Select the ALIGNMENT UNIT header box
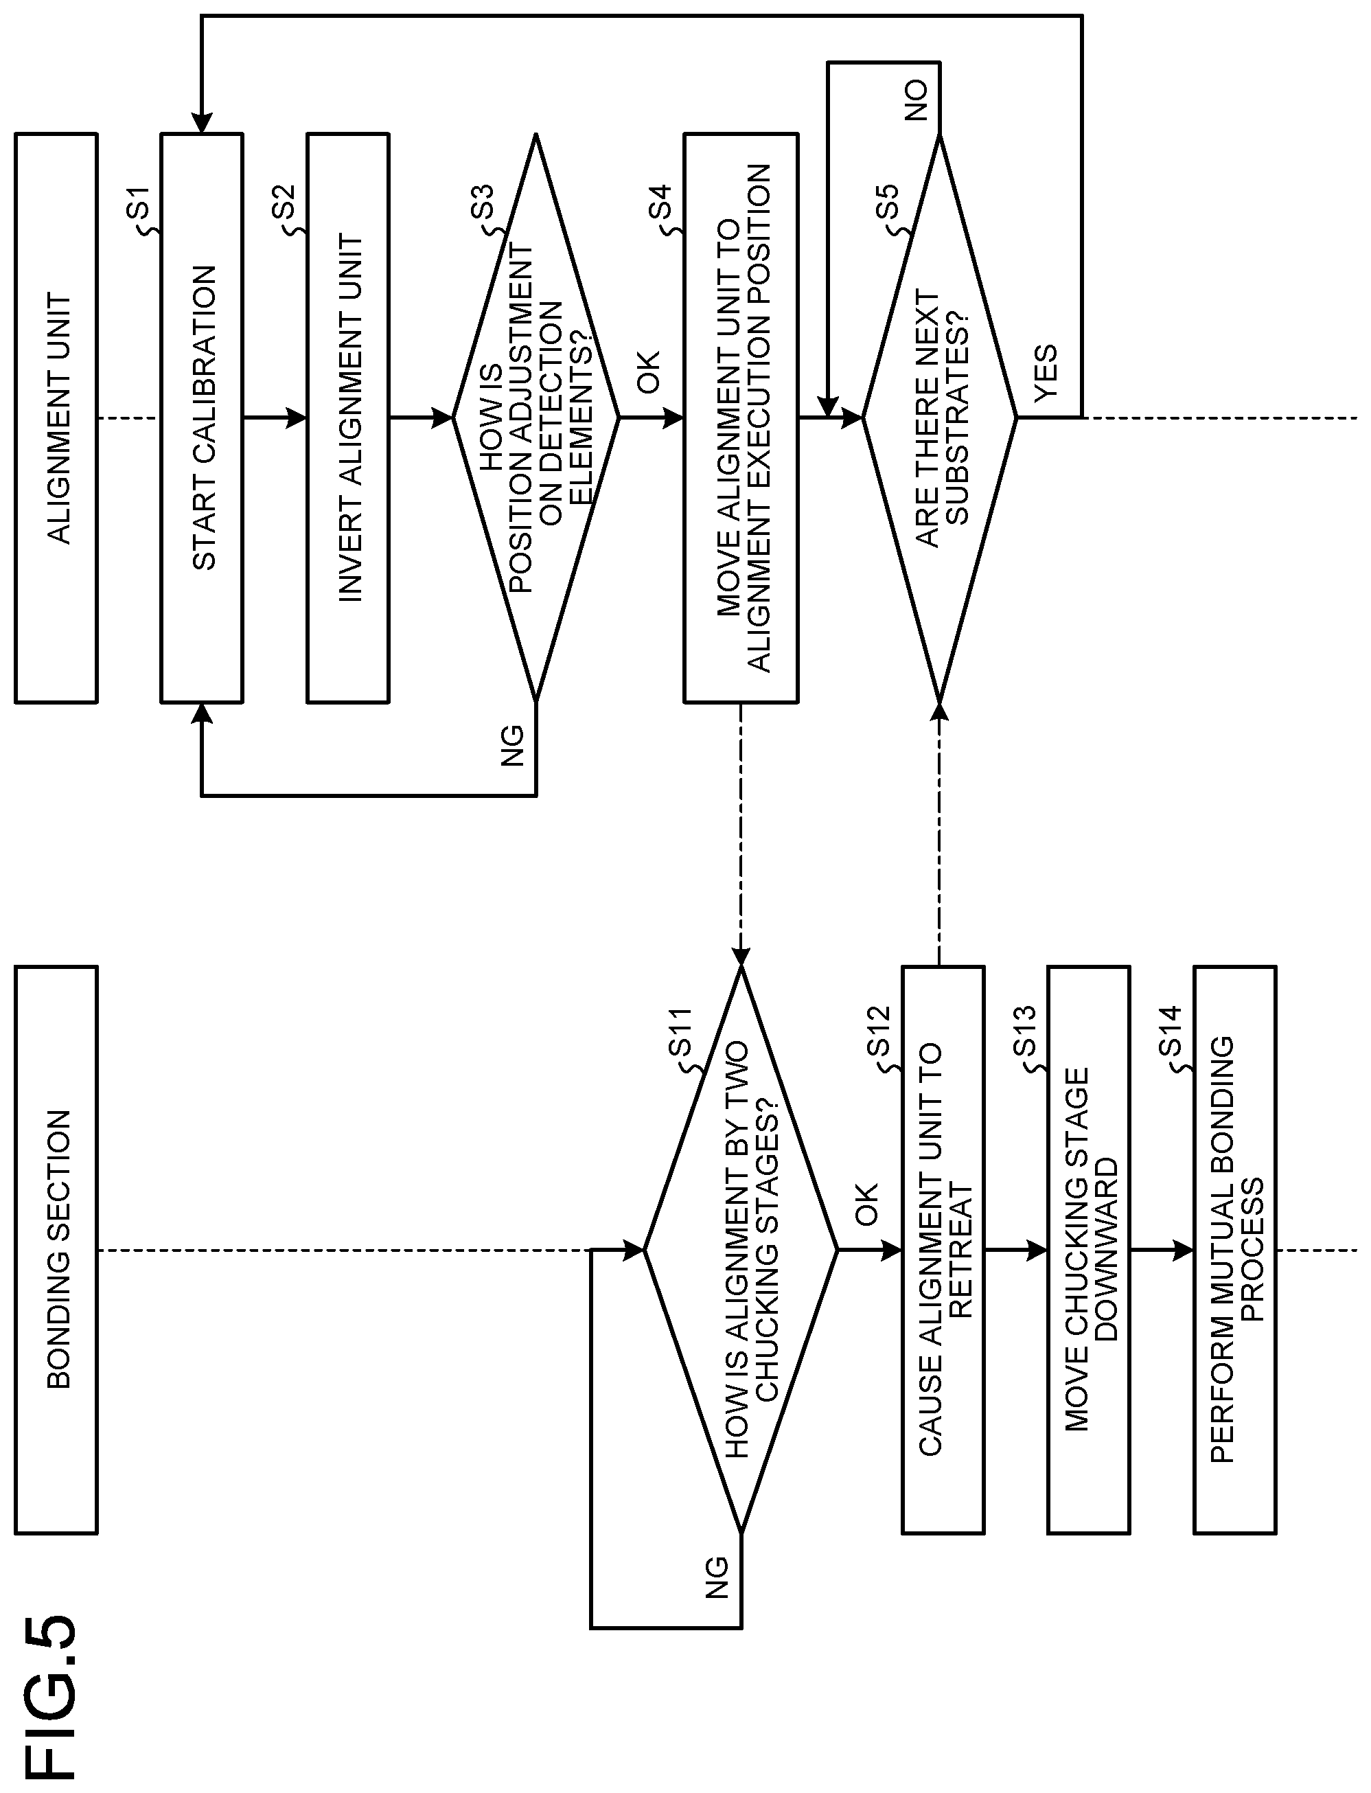56,418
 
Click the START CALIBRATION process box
202,418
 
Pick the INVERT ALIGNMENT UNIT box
347,418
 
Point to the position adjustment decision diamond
536,418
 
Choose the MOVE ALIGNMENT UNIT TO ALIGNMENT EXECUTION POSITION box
741,418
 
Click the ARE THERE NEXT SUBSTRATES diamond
940,418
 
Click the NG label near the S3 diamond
512,746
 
